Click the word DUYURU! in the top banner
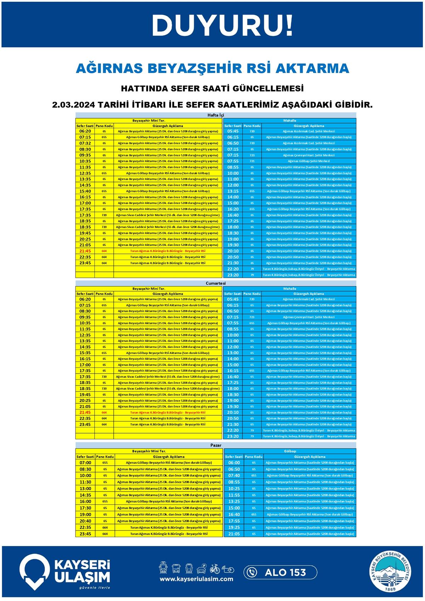[x=222, y=26]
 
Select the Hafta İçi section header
[x=216, y=115]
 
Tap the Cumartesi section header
[x=216, y=283]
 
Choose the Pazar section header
[x=216, y=445]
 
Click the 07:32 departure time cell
[x=85, y=143]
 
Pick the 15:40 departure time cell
[x=85, y=191]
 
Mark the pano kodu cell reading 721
[x=252, y=161]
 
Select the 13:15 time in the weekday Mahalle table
[x=233, y=191]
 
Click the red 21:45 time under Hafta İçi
[x=85, y=251]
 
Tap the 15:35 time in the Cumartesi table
[x=85, y=353]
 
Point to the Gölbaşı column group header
[x=290, y=451]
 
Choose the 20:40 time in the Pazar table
[x=85, y=521]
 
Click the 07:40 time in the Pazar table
[x=234, y=476]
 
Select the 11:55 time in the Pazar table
[x=234, y=495]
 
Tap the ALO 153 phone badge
[x=280, y=572]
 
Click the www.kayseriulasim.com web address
[x=196, y=579]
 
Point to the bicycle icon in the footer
[x=215, y=568]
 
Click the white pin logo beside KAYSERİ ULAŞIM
[x=34, y=572]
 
